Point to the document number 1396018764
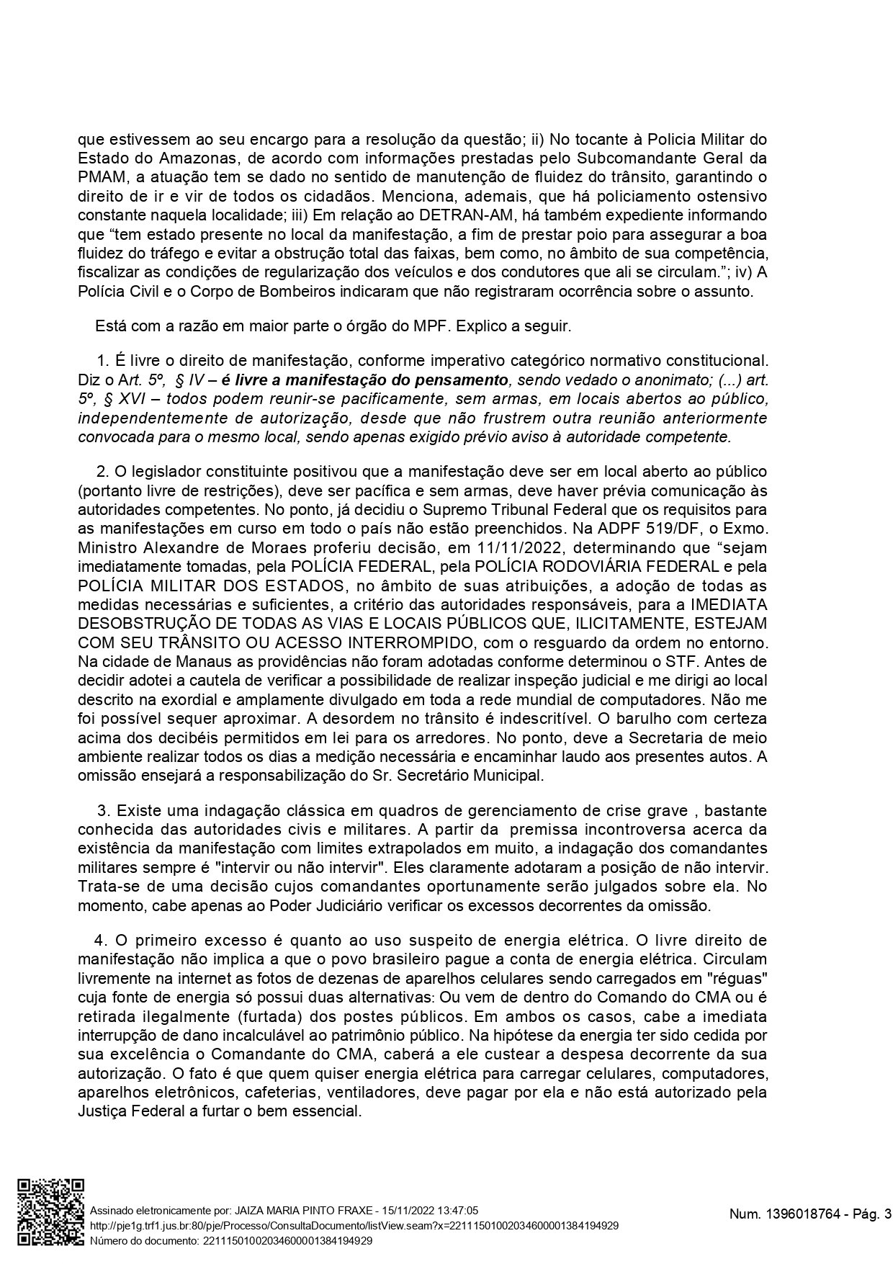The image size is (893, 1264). [x=799, y=1215]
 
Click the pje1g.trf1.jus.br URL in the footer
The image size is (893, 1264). [x=353, y=1226]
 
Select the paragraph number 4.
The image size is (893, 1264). [x=99, y=941]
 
